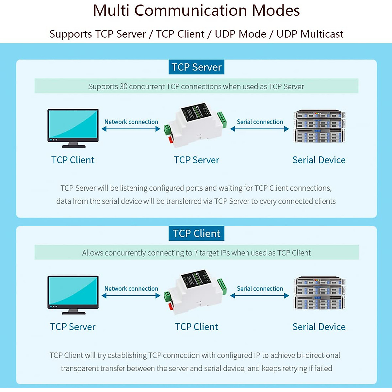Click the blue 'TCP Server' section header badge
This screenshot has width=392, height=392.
pos(196,67)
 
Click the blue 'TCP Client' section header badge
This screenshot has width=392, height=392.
pos(196,234)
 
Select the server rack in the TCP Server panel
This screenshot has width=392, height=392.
pos(319,126)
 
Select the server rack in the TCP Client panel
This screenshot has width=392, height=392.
pos(319,293)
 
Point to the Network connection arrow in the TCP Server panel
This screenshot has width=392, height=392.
pos(131,129)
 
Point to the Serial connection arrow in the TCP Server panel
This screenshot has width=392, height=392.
pos(260,129)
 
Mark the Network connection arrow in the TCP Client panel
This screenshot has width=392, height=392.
pos(131,296)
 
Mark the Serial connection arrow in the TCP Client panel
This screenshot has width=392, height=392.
pos(260,296)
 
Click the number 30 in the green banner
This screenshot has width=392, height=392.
pos(123,87)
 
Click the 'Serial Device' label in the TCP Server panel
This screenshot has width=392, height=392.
pos(319,160)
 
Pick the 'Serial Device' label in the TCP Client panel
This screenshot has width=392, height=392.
pos(319,327)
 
